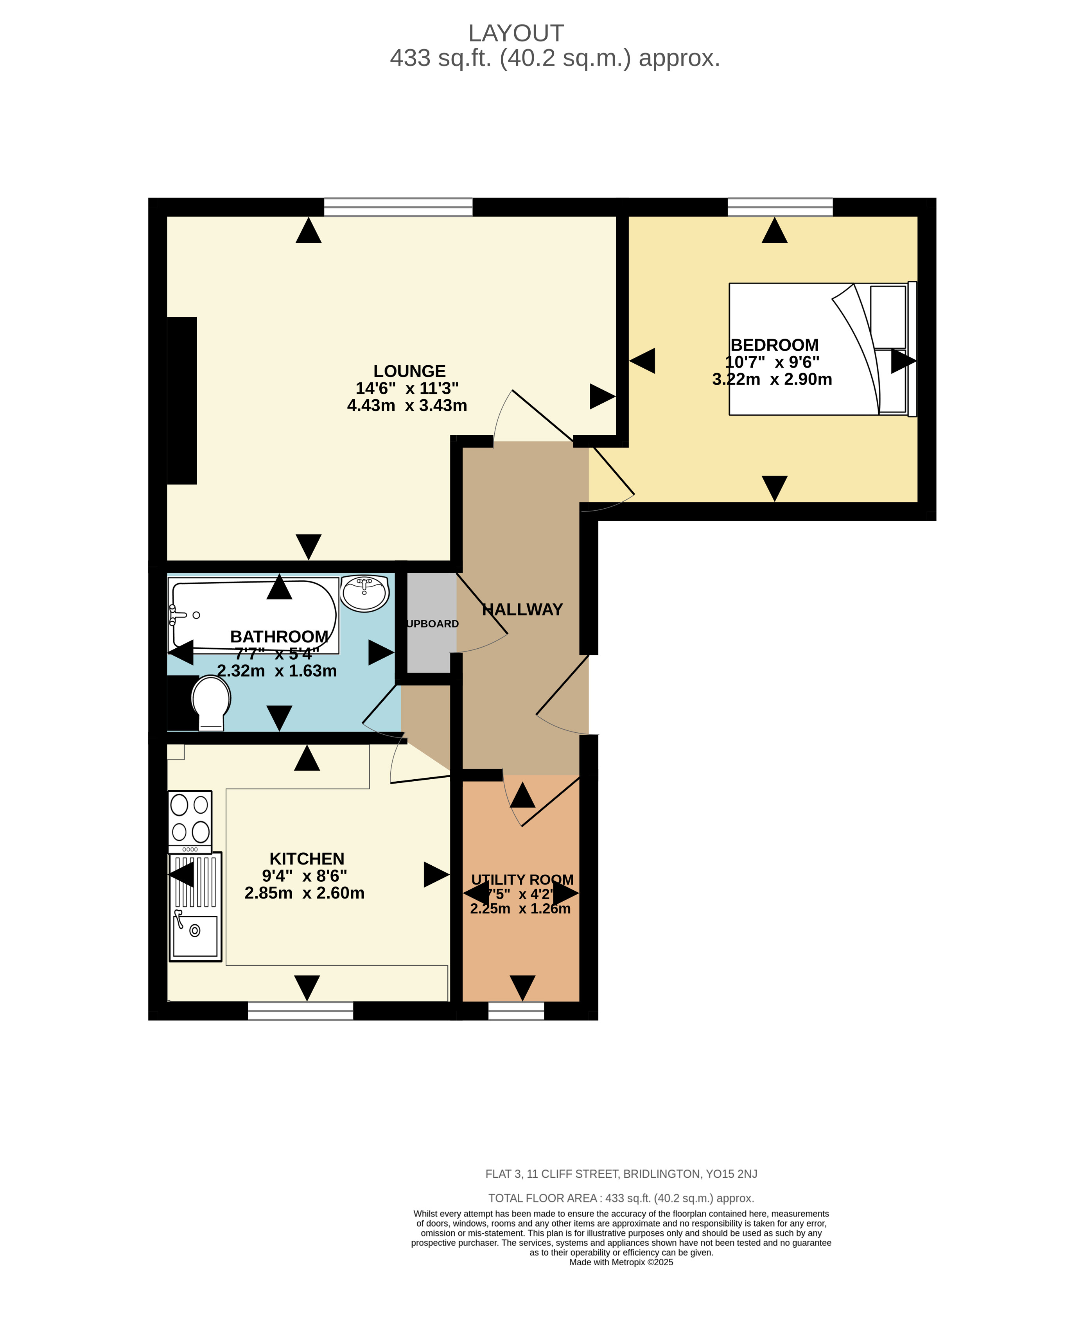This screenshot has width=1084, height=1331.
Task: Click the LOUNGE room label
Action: tap(409, 371)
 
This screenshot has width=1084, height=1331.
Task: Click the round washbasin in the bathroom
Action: tap(365, 593)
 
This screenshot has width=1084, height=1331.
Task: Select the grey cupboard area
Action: tap(431, 623)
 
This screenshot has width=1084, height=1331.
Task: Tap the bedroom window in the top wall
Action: tap(779, 206)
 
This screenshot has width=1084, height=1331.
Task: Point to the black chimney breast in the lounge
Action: tap(182, 400)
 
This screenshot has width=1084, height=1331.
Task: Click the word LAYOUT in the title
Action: tap(516, 33)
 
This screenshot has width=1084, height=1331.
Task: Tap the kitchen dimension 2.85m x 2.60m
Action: tap(304, 893)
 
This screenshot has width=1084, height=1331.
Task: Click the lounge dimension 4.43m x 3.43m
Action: tap(407, 405)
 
